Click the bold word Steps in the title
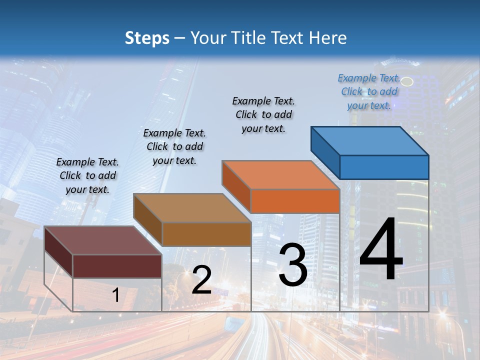click(147, 38)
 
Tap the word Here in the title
click(328, 38)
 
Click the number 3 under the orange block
click(293, 264)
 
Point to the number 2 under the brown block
click(201, 280)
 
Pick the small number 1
click(115, 295)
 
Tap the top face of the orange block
click(280, 175)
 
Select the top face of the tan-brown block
click(192, 208)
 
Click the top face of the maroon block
click(103, 240)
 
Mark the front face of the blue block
click(384, 167)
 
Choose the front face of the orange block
click(295, 201)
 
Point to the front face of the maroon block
click(117, 266)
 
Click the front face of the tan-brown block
click(206, 234)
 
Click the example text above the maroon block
click(87, 175)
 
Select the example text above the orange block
click(263, 114)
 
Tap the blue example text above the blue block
click(369, 91)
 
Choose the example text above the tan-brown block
click(174, 146)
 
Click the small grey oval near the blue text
click(407, 81)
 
